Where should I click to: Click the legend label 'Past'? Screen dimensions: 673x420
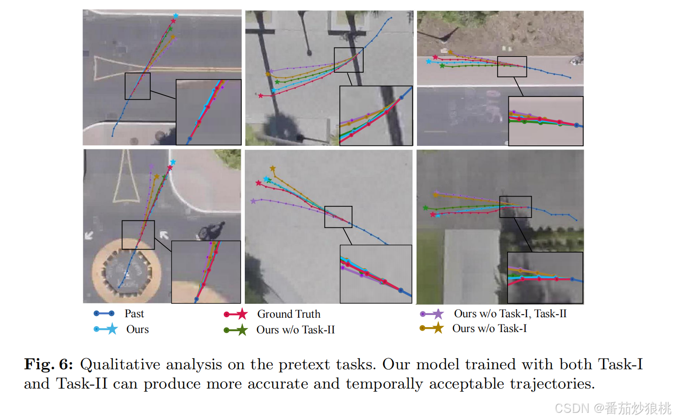(x=134, y=314)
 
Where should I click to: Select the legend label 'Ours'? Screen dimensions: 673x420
(x=137, y=329)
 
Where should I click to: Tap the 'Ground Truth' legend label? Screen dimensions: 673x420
(x=288, y=314)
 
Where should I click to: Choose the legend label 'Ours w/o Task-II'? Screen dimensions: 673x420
(x=295, y=330)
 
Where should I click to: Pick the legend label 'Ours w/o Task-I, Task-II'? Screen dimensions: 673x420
(x=510, y=314)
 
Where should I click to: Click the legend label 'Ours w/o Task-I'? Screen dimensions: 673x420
(x=489, y=328)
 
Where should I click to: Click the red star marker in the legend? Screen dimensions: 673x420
(x=242, y=314)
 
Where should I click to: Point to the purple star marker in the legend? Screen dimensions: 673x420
(x=438, y=314)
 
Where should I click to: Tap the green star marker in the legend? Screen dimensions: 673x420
(x=242, y=330)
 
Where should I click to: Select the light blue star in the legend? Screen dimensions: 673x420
(x=112, y=329)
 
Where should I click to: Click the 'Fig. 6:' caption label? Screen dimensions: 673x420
(x=48, y=364)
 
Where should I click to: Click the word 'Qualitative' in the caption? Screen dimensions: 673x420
(x=120, y=364)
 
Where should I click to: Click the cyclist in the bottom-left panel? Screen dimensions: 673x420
(x=212, y=231)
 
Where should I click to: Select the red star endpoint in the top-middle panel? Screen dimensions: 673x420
(x=261, y=96)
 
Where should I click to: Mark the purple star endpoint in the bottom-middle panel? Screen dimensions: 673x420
(x=253, y=201)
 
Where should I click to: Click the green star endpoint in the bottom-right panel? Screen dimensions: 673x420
(x=426, y=208)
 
